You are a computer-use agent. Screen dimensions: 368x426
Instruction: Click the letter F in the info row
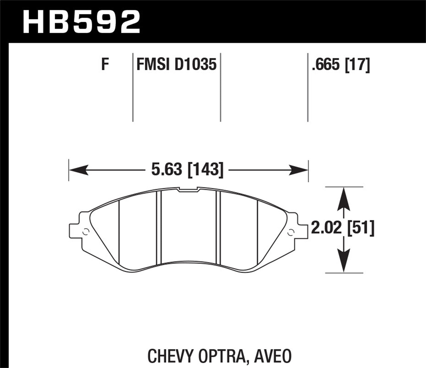(x=105, y=65)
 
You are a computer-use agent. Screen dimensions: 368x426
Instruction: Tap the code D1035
(x=196, y=65)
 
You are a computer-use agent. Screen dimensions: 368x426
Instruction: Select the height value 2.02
(x=326, y=228)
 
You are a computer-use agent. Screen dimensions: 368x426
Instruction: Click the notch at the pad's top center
(x=188, y=190)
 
